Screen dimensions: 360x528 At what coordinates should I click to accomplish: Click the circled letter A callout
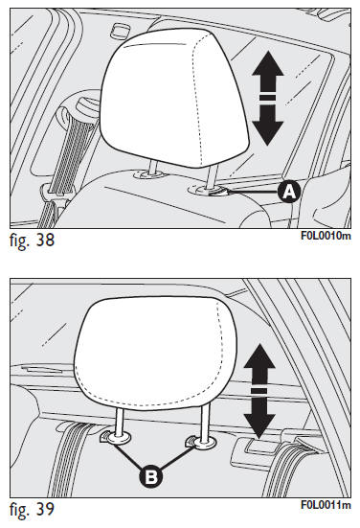[x=289, y=192]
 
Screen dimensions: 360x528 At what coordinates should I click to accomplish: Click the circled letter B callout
[x=151, y=476]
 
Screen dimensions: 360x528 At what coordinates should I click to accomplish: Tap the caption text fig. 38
[x=32, y=241]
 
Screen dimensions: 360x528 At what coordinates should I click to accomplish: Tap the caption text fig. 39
[x=32, y=509]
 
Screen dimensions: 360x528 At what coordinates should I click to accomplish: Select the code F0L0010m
[x=326, y=236]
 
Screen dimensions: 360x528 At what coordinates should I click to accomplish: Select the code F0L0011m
[x=326, y=505]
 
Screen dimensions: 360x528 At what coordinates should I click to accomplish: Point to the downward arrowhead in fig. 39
[x=259, y=419]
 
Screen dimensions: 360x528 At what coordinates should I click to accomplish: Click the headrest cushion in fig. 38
[x=173, y=98]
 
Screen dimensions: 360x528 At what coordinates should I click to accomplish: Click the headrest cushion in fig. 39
[x=153, y=352]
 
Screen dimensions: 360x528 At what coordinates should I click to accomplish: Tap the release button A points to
[x=217, y=192]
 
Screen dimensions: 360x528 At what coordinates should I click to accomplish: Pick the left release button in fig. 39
[x=105, y=437]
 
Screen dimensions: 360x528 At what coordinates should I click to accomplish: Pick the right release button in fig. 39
[x=191, y=442]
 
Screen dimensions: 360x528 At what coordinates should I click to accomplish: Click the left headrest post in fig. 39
[x=120, y=423]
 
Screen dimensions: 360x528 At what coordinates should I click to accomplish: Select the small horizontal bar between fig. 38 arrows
[x=268, y=98]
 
